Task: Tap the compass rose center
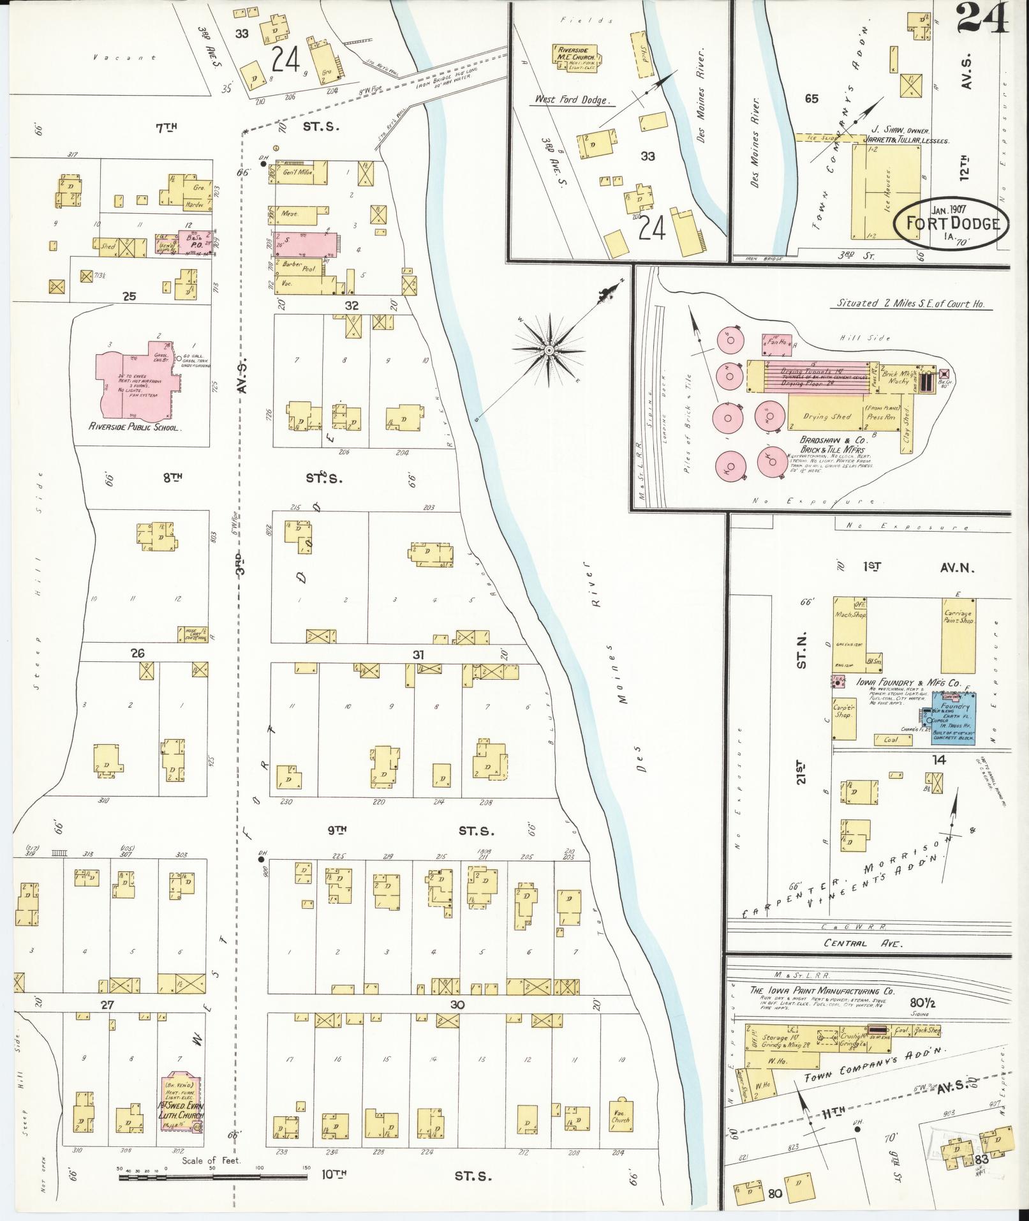point(549,350)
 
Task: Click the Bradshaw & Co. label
point(827,440)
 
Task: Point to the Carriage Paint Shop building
point(959,635)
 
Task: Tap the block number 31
point(418,654)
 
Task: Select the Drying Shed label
point(827,416)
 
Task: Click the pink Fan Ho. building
point(776,345)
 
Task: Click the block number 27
point(107,1005)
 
